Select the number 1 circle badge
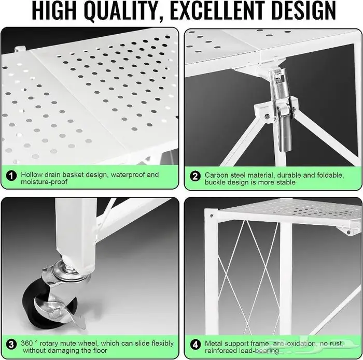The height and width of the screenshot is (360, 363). [x=11, y=176]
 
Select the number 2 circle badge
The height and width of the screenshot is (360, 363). [x=194, y=177]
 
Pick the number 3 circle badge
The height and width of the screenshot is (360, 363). [x=11, y=344]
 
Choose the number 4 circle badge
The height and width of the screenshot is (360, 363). [x=195, y=345]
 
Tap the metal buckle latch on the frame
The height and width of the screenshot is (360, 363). [x=282, y=109]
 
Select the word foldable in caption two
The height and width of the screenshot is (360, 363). [x=330, y=175]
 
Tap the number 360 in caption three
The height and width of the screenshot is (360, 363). [x=27, y=343]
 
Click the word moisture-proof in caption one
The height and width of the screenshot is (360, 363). [x=44, y=182]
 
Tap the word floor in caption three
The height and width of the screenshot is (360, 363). [x=99, y=350]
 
